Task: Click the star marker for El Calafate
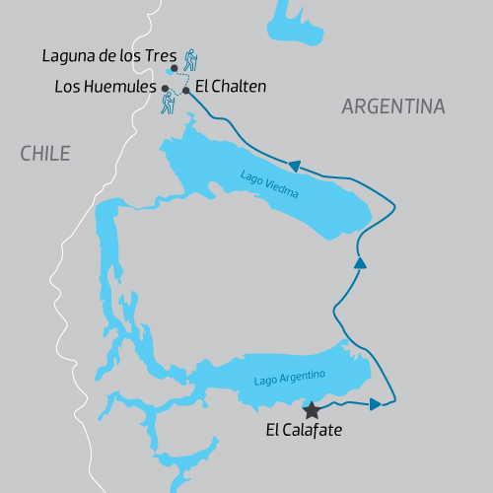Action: (x=312, y=408)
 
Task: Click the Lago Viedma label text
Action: (x=267, y=184)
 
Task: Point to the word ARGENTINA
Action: (x=392, y=106)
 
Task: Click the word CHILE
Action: (x=45, y=153)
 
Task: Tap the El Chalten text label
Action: (x=231, y=87)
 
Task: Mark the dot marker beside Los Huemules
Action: (x=165, y=88)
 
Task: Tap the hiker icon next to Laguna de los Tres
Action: (x=190, y=58)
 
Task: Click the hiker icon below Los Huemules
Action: (x=170, y=103)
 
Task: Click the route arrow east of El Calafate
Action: (x=376, y=404)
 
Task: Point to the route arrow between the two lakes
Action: (x=360, y=263)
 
